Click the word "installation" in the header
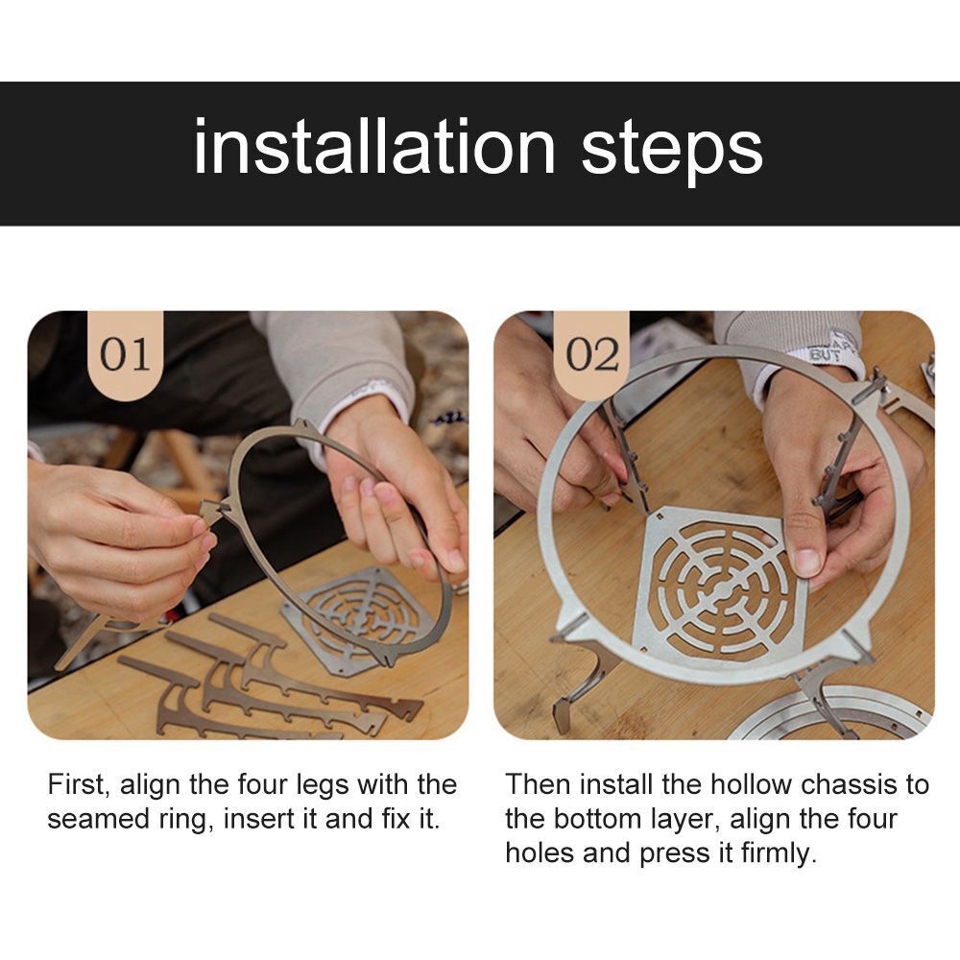[374, 147]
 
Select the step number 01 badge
[126, 354]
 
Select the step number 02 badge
[591, 354]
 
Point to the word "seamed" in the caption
[99, 819]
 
